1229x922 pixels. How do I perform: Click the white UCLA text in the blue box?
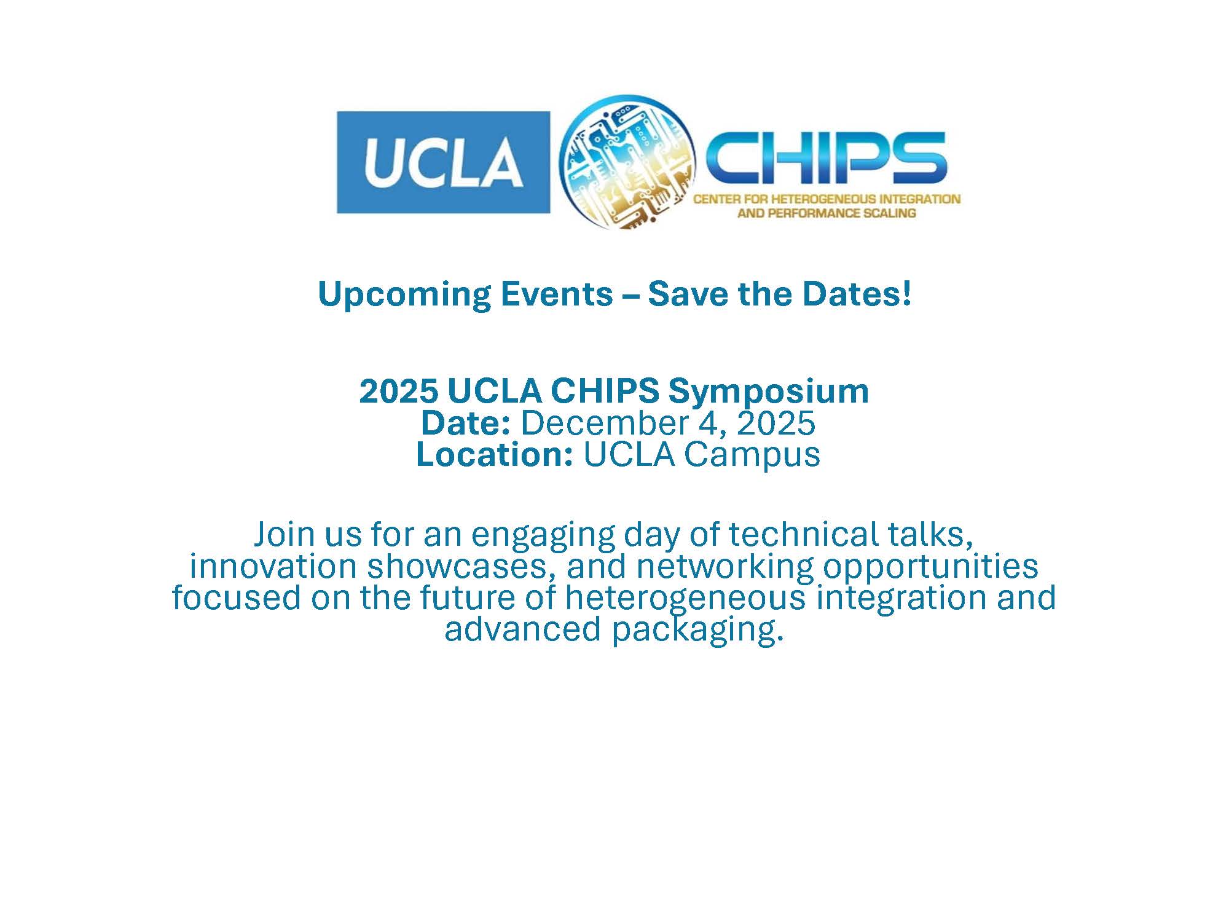click(x=444, y=162)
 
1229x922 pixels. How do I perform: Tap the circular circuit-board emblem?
click(x=628, y=162)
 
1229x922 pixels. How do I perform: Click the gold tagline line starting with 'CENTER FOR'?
click(x=827, y=199)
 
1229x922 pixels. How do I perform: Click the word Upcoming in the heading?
click(x=404, y=295)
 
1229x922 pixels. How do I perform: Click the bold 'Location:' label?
click(x=495, y=454)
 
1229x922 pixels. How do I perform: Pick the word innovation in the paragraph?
click(x=273, y=566)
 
